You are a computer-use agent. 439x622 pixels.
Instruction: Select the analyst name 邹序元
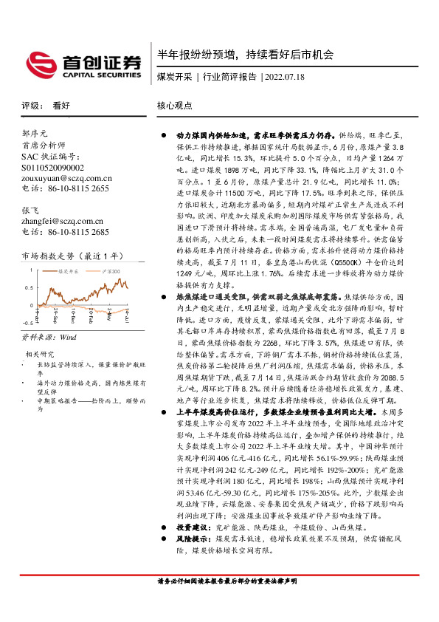(x=35, y=134)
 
